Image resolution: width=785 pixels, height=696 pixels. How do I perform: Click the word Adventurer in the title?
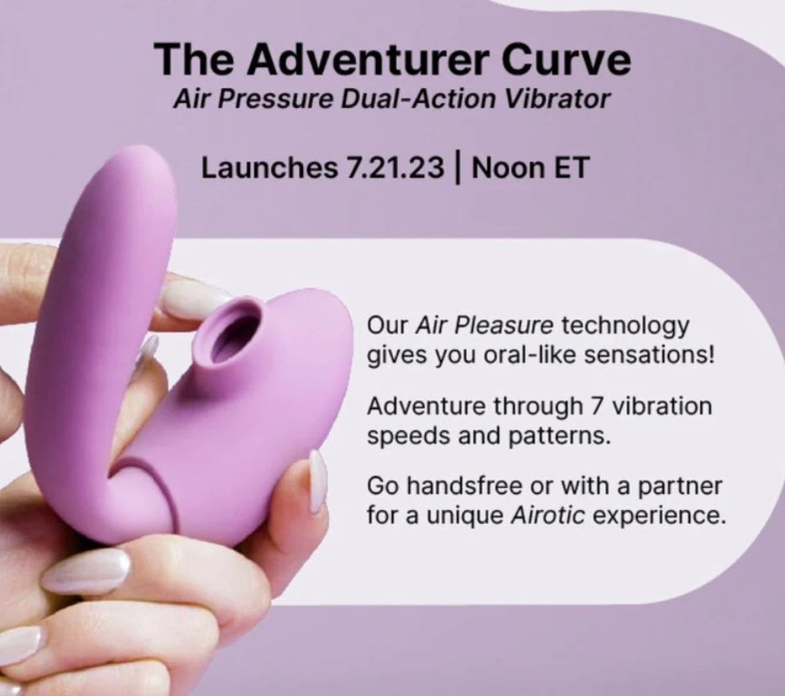[x=368, y=59]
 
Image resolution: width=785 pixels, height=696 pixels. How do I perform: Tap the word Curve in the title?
[x=566, y=59]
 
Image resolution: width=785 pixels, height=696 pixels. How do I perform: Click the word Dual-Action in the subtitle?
[x=418, y=99]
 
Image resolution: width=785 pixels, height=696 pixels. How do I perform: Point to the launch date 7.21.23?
[x=394, y=168]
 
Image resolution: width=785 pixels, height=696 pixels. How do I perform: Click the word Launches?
[x=270, y=168]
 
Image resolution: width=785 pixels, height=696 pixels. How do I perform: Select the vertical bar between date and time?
[x=457, y=169]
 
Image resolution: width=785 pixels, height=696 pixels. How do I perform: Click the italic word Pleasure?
[x=505, y=326]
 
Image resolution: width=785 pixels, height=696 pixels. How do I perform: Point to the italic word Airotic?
[x=547, y=515]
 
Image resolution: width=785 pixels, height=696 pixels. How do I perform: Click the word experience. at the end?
[x=659, y=516]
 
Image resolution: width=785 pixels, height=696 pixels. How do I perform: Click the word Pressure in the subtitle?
[x=274, y=99]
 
